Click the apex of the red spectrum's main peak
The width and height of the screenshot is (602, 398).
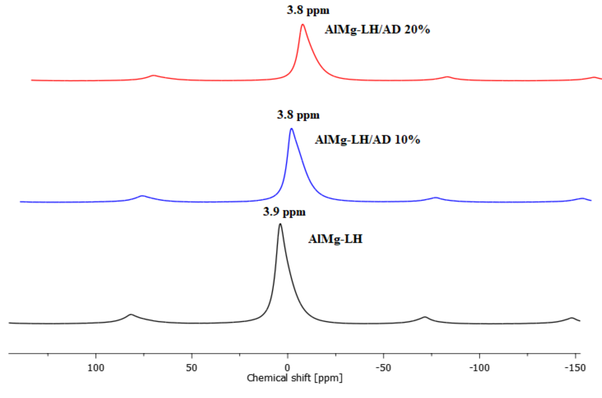point(302,25)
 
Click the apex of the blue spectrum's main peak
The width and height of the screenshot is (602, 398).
point(292,129)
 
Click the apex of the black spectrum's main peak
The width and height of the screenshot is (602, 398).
point(280,224)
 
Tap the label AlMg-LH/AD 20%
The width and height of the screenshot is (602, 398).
point(377,30)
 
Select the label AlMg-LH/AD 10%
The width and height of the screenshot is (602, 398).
point(367,140)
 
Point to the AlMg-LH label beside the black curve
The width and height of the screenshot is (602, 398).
point(335,239)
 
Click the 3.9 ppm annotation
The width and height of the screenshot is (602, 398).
point(284,212)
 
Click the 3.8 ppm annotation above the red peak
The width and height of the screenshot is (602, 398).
point(308,10)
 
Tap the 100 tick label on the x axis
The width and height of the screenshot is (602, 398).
point(96,368)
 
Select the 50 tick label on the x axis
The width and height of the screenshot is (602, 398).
point(191,368)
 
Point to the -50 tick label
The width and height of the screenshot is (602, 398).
point(383,368)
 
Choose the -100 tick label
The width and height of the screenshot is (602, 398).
point(479,368)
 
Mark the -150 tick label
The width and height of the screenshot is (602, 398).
point(575,368)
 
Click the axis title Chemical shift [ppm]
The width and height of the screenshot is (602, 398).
point(295,378)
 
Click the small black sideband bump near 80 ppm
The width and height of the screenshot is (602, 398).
point(131,315)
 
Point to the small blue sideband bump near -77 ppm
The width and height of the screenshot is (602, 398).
point(436,198)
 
